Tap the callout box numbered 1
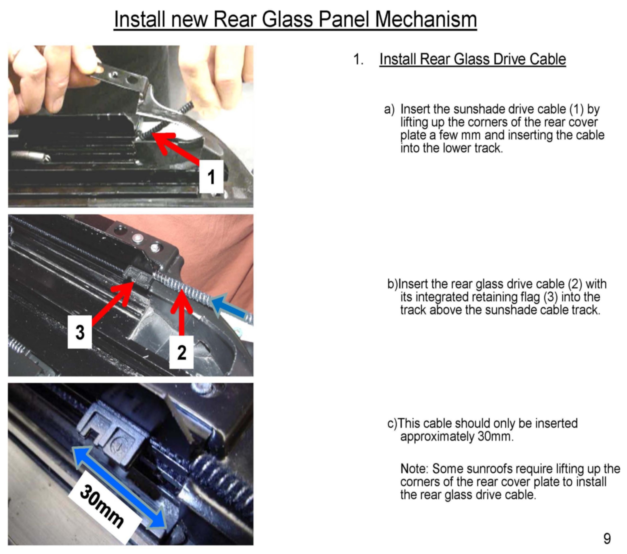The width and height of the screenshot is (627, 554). click(211, 176)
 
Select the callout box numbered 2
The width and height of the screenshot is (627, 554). click(182, 352)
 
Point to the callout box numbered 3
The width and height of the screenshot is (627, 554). click(80, 332)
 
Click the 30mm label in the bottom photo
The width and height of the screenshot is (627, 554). click(102, 506)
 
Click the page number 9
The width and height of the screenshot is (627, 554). click(607, 539)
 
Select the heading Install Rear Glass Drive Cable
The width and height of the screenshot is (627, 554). click(473, 59)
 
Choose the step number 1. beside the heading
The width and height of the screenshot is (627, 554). click(358, 59)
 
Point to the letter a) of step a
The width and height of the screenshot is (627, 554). click(389, 109)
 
